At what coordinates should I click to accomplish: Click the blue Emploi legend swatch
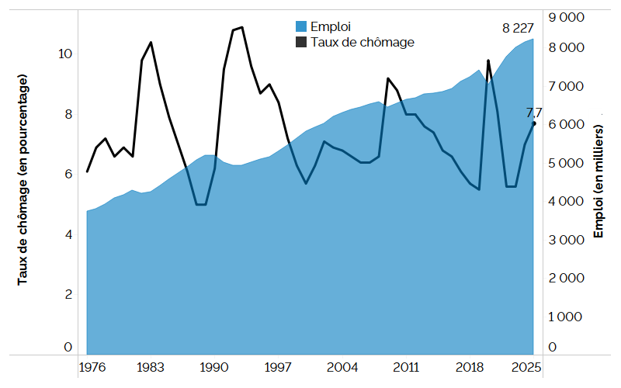[300, 27]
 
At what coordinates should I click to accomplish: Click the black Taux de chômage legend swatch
[300, 43]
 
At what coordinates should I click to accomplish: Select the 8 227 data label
[518, 28]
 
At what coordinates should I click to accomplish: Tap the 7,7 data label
[535, 113]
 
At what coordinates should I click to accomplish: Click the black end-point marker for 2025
[533, 123]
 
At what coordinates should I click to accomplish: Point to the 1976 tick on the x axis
[91, 367]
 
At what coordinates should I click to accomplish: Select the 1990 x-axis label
[213, 367]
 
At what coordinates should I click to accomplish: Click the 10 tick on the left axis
[64, 54]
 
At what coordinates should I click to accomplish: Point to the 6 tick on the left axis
[68, 175]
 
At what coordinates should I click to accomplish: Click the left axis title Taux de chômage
[23, 180]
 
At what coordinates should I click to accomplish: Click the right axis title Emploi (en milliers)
[598, 180]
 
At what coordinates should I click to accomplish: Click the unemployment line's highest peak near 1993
[242, 27]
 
